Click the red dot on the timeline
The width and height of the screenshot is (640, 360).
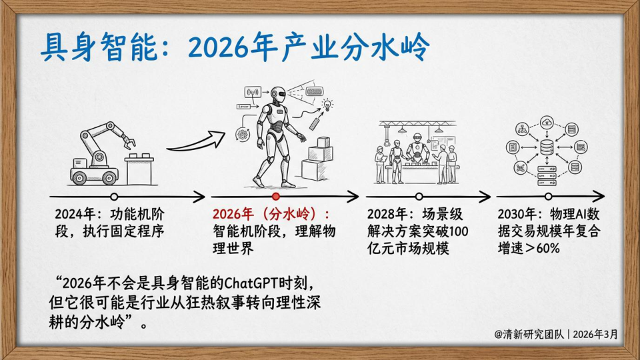coord(276,197)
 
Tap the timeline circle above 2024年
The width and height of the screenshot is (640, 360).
coord(114,197)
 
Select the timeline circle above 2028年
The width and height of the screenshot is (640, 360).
coord(419,197)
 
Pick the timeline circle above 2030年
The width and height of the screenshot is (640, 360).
coord(548,197)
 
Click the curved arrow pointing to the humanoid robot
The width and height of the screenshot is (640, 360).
coord(196,143)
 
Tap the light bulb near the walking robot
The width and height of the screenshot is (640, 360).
coord(327,105)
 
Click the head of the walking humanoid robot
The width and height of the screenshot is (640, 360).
coord(277,95)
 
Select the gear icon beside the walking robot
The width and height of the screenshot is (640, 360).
coord(243,134)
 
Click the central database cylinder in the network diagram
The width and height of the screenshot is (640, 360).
coord(547,147)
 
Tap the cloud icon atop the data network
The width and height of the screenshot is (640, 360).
coord(547,121)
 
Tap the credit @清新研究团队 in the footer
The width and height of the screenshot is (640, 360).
coord(529,334)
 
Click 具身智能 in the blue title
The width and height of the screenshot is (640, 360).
coord(98,47)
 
